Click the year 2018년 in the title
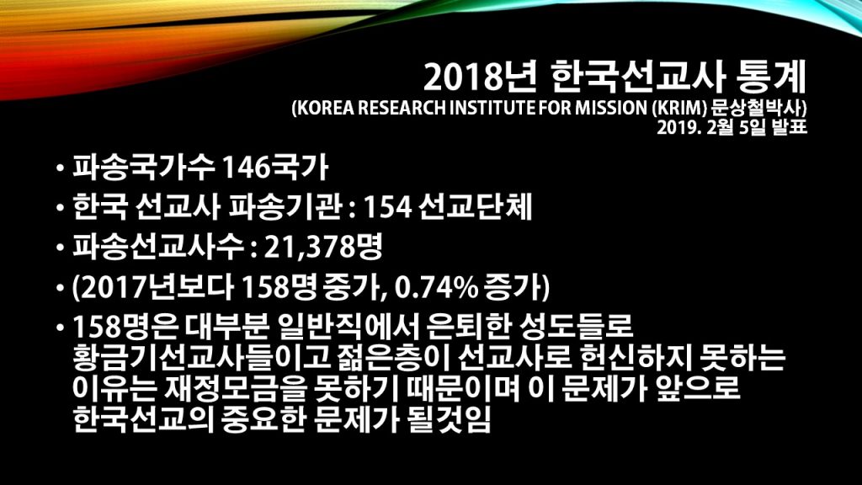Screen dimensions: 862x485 (479, 77)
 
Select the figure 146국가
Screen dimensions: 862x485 (274, 168)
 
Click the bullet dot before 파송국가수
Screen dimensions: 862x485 (60, 168)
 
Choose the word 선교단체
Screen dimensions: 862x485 (475, 207)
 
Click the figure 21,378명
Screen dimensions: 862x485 (323, 248)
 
